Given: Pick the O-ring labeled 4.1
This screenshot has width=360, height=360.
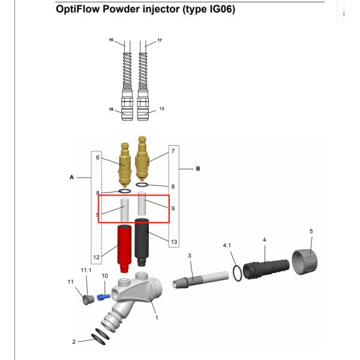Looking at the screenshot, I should [x=238, y=272].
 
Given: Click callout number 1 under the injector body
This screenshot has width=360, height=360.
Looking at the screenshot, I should [x=157, y=318].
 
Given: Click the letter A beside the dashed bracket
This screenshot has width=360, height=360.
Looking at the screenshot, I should [x=71, y=177].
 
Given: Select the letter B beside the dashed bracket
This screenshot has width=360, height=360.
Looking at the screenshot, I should [x=197, y=169].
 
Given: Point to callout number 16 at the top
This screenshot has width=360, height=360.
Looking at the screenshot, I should [x=110, y=40].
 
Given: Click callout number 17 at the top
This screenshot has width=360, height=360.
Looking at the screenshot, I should [x=159, y=40].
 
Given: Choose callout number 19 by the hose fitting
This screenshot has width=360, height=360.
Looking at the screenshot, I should [x=161, y=109].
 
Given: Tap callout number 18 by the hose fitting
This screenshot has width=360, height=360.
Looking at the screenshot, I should [x=110, y=109].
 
